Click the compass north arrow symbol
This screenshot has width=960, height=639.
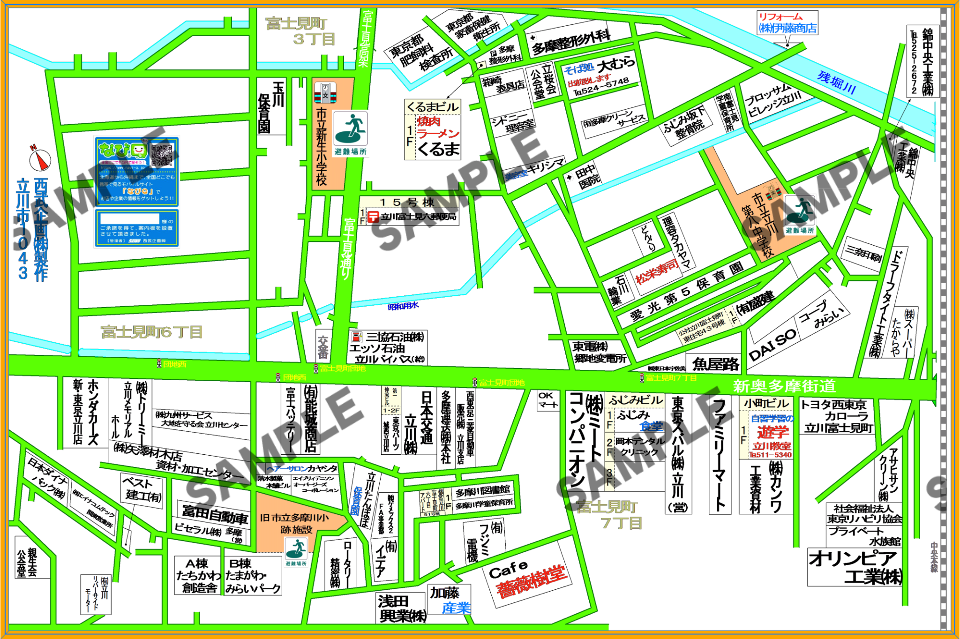point(40,159)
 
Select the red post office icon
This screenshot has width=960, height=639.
point(373,217)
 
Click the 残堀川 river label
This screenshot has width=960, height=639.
point(837,83)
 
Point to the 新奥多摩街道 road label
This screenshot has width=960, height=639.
point(784,386)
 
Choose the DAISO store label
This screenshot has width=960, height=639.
point(772,345)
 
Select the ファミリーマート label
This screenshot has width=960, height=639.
point(720,455)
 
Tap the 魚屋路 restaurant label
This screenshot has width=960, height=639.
point(715,364)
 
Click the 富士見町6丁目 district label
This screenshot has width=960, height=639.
point(152,332)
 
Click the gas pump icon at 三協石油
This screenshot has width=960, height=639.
point(357,337)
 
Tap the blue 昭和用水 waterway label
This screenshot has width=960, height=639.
point(403,306)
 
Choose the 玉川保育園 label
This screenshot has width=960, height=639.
point(271,107)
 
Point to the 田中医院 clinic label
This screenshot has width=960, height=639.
point(586,176)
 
